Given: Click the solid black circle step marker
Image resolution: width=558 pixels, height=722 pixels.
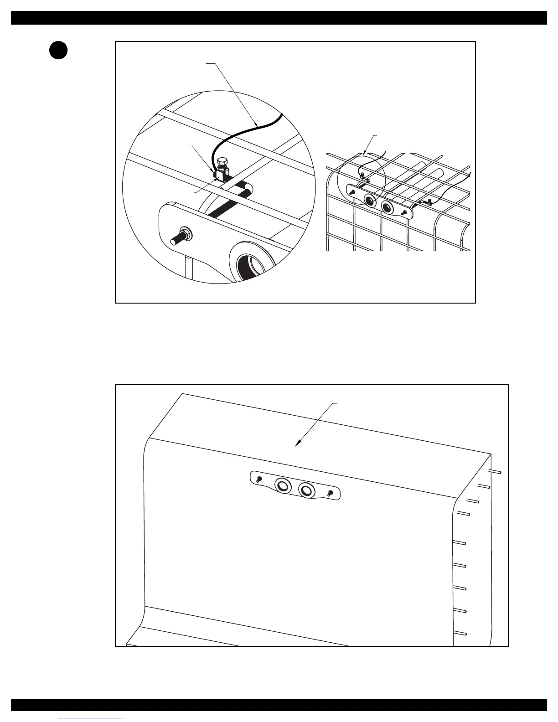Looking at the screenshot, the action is click(x=59, y=50).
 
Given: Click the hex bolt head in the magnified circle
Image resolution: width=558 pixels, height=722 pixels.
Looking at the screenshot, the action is click(x=223, y=162).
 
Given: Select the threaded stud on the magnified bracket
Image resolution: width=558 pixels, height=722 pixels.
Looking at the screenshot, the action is click(x=178, y=238).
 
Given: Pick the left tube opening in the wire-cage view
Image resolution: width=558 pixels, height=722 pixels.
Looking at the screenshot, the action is click(x=370, y=200).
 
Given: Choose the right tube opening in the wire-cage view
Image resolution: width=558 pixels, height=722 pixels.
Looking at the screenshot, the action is click(x=387, y=207).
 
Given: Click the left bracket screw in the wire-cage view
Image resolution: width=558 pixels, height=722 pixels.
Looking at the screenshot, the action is click(x=352, y=193).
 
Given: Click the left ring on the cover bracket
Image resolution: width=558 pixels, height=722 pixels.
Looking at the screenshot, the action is click(x=283, y=485).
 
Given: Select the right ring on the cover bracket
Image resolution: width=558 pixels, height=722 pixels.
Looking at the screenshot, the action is click(x=307, y=490).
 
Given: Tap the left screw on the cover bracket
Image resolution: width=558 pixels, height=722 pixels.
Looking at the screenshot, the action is click(x=258, y=479).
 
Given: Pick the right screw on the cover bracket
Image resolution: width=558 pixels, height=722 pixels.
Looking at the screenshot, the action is click(x=331, y=493).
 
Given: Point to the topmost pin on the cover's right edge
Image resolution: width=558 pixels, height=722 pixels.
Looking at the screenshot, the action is click(x=496, y=472).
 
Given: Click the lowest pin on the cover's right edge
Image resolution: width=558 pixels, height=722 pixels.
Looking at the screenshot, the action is click(x=460, y=633).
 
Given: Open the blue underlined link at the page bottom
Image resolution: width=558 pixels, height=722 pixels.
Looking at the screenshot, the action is click(x=91, y=718).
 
